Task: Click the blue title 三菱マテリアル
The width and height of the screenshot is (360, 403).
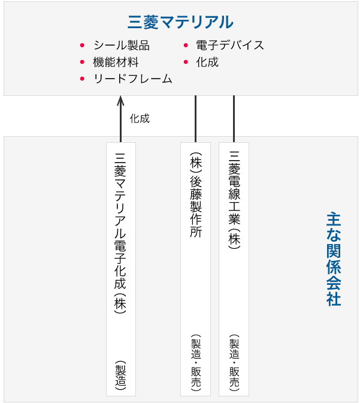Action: (x=180, y=22)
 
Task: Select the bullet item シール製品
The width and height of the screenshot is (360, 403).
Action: (x=122, y=45)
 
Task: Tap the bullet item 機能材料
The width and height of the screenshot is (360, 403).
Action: (x=116, y=62)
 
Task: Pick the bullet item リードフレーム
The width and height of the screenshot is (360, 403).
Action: (x=133, y=79)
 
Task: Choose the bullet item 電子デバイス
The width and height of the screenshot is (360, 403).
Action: (x=230, y=45)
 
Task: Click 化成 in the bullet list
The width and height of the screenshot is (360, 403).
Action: (x=207, y=62)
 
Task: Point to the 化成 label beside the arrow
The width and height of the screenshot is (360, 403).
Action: (x=140, y=119)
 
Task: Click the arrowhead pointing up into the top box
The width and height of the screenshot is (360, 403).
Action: (x=120, y=100)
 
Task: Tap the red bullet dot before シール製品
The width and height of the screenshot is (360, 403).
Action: (x=82, y=46)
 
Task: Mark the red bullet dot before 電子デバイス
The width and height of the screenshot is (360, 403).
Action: (x=186, y=46)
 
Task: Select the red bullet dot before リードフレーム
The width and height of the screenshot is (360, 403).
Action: (x=82, y=79)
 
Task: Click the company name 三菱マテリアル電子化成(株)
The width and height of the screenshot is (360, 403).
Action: (x=120, y=233)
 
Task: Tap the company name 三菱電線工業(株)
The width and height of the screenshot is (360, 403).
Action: (x=234, y=200)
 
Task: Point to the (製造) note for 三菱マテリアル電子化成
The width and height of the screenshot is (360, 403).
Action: (x=120, y=375)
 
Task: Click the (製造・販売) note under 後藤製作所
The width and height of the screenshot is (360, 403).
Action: (x=196, y=363)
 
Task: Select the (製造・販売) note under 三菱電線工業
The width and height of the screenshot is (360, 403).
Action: (x=234, y=363)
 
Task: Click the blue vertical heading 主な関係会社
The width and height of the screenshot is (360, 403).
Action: (x=334, y=259)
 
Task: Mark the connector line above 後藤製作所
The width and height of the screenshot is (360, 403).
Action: (x=195, y=119)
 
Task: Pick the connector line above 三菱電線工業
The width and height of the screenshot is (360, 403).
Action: (x=234, y=119)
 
